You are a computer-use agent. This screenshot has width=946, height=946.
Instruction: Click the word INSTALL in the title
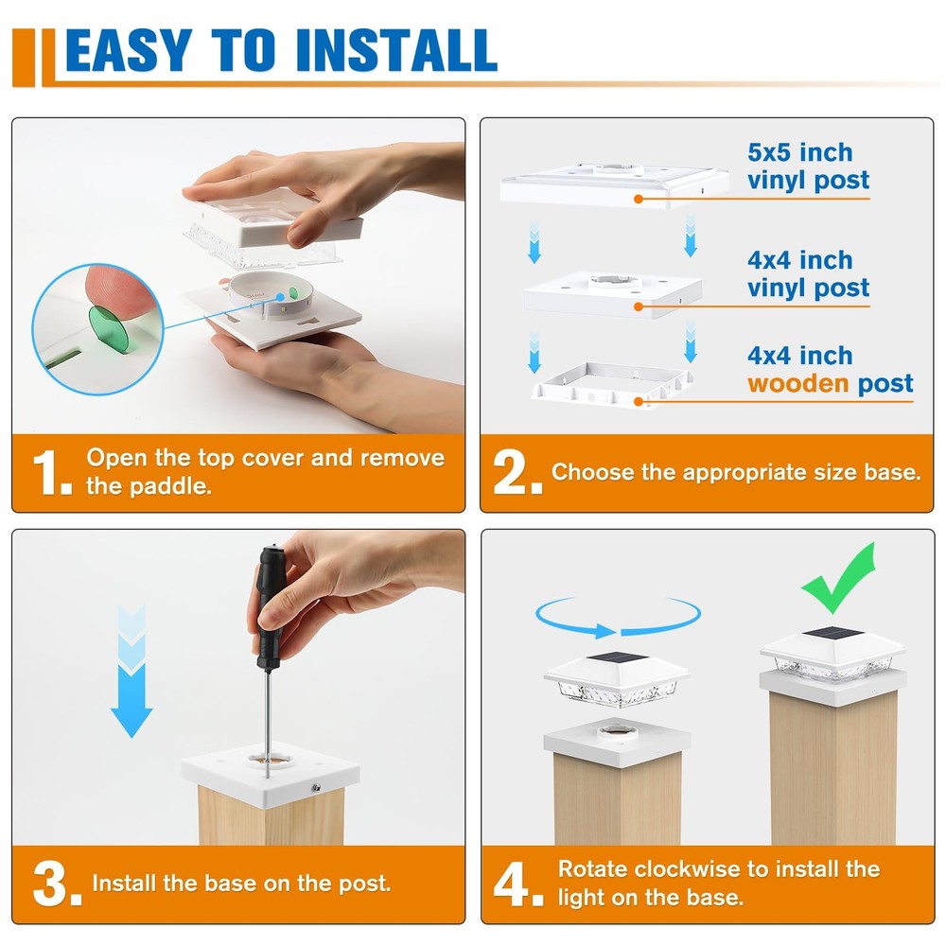(x=397, y=50)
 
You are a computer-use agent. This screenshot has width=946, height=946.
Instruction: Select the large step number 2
(x=517, y=473)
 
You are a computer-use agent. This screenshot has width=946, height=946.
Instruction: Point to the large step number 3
(x=57, y=885)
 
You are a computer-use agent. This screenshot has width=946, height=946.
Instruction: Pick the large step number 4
(x=517, y=885)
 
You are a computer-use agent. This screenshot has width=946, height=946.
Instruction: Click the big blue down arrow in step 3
(x=131, y=671)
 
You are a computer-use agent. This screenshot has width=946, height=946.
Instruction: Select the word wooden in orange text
(x=797, y=384)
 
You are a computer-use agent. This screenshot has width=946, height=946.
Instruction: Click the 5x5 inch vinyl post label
(x=809, y=166)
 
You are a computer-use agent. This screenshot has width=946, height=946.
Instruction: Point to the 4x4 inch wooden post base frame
(x=612, y=384)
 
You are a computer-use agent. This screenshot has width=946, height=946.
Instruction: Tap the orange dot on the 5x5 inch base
(x=639, y=199)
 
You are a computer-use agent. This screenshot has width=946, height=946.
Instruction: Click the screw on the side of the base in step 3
(x=316, y=787)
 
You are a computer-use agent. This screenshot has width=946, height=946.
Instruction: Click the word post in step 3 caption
(x=364, y=885)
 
